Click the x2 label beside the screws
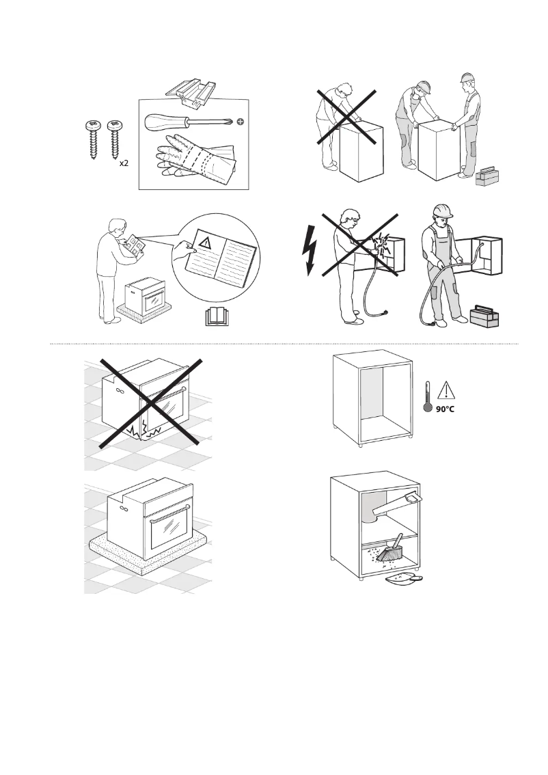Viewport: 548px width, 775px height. tap(124, 165)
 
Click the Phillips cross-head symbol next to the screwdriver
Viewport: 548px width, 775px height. tap(240, 122)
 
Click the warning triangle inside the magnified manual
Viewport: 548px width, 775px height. tap(206, 239)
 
